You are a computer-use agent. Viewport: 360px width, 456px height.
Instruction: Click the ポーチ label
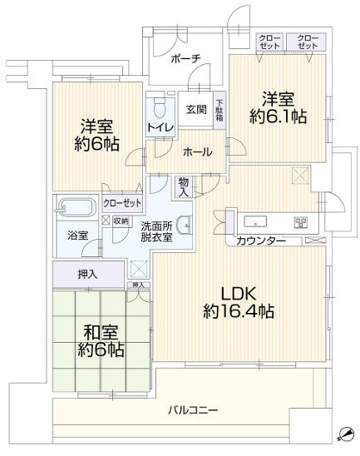point(185,60)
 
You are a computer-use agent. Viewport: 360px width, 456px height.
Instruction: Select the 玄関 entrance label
point(196,109)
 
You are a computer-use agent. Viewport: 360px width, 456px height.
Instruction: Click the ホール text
point(197,151)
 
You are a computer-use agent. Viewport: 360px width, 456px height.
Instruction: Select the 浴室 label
point(77,235)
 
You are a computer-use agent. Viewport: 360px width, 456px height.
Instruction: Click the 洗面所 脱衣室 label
point(156,230)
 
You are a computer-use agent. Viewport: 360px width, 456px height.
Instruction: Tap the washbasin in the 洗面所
point(185,223)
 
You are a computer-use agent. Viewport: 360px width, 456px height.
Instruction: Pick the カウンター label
point(261,241)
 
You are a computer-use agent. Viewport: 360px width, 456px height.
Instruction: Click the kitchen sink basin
point(255,221)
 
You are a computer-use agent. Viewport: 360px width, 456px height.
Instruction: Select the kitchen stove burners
point(301,221)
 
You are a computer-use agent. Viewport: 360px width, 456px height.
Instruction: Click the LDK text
point(237,292)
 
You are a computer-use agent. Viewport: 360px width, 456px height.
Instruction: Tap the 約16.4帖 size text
point(237,312)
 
